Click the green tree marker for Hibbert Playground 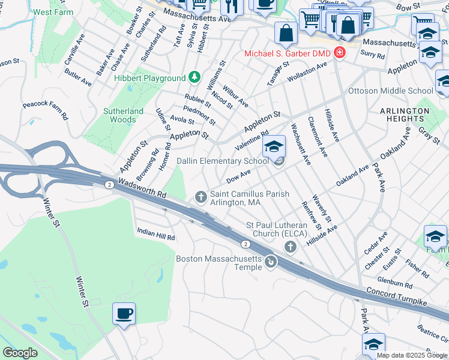coord(194,78)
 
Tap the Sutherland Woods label coord(124,115)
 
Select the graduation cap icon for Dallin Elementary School coord(274,146)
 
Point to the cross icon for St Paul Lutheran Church coord(291,247)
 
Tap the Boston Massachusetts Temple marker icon coord(271,262)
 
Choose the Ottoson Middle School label coord(391,91)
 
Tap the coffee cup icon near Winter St coord(124,313)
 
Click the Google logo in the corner coord(20,353)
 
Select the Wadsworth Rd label coord(142,190)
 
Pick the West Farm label coord(53,12)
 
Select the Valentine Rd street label coord(252,142)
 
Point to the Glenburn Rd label coord(395,283)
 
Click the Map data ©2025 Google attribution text coord(412,355)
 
